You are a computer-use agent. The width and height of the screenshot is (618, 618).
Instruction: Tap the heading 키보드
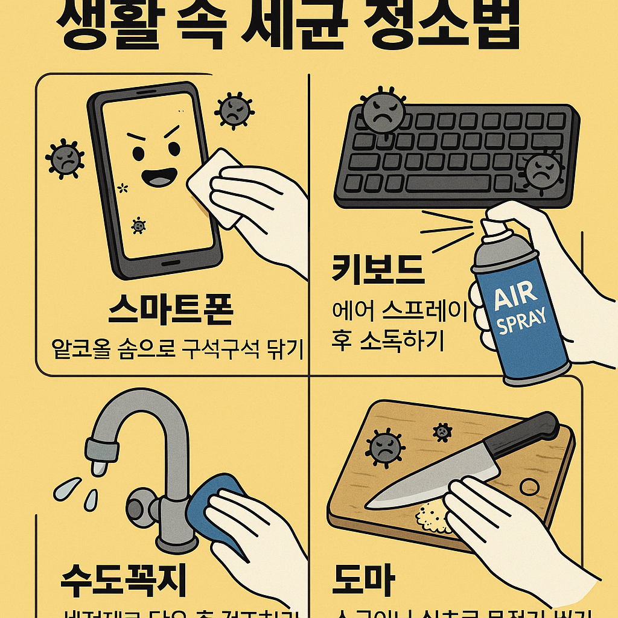(378, 270)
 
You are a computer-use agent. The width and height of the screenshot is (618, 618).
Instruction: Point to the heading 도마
(364, 580)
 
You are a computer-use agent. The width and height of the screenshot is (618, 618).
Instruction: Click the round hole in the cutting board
(529, 486)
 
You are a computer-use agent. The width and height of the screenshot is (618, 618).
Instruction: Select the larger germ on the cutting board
(384, 448)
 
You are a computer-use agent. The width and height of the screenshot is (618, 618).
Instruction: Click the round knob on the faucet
(139, 504)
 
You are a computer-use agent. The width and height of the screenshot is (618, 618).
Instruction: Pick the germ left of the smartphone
(65, 158)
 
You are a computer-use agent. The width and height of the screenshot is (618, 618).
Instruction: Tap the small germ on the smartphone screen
(139, 226)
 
